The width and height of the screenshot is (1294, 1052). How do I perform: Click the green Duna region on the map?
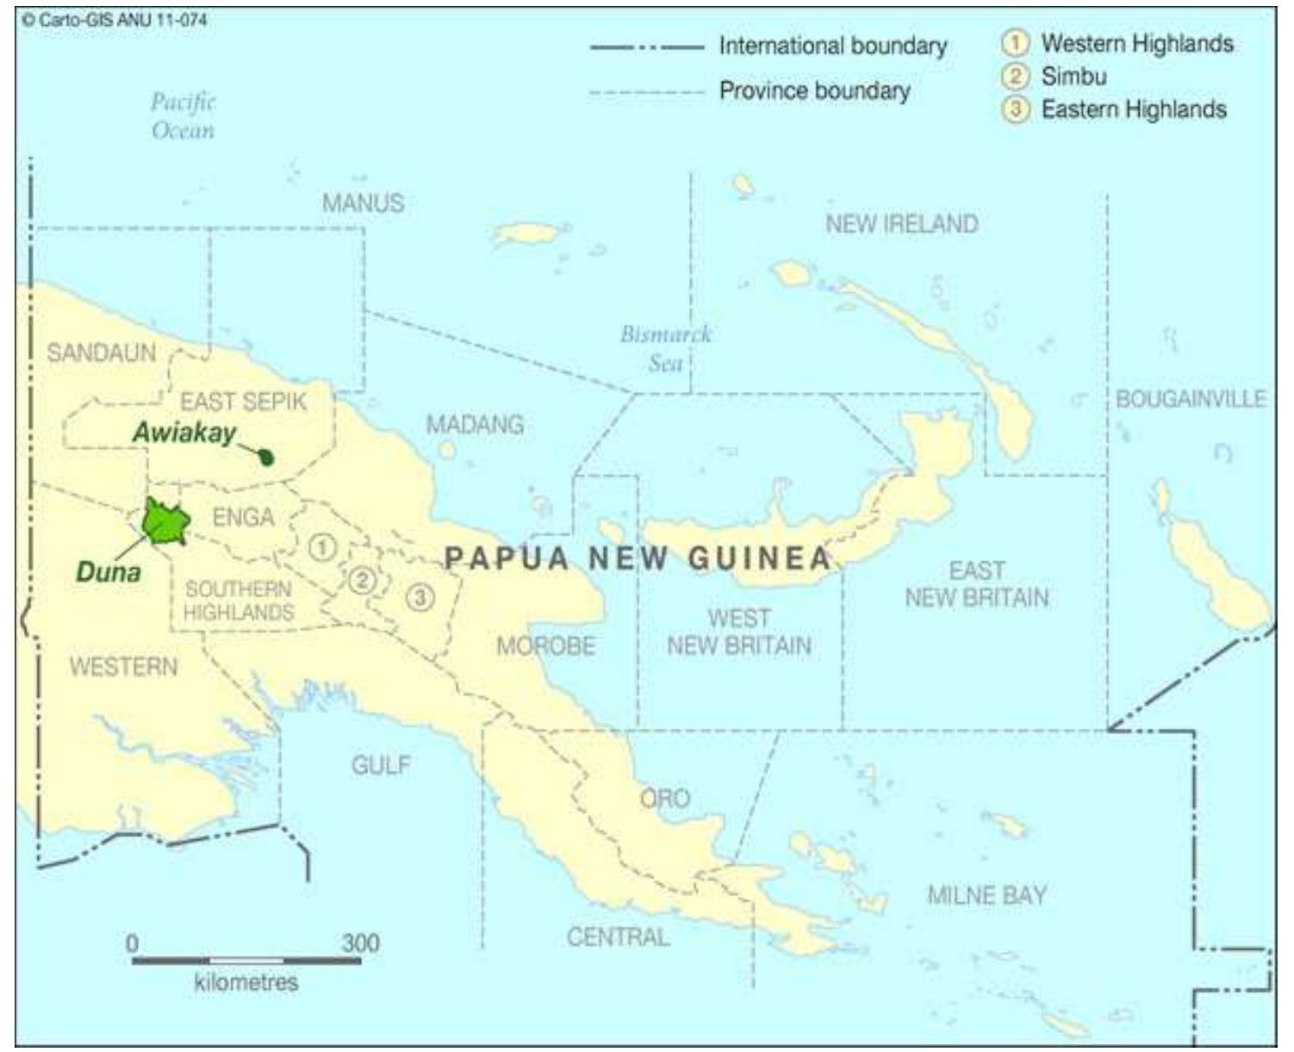(165, 522)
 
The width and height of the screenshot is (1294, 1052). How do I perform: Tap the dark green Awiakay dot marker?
(267, 458)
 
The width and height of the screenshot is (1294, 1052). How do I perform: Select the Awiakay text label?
(184, 433)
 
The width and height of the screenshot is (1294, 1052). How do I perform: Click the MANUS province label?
(363, 203)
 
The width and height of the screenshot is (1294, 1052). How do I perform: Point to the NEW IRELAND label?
(901, 224)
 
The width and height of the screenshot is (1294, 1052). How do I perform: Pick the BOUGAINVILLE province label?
(1190, 399)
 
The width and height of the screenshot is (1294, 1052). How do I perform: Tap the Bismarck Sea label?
(666, 348)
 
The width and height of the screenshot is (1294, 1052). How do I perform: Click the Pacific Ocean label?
(183, 115)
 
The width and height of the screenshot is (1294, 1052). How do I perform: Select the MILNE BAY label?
(986, 895)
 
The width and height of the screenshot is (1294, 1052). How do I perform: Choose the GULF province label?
(381, 764)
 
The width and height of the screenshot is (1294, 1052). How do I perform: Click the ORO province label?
(665, 799)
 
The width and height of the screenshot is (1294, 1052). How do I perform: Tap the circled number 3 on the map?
(420, 596)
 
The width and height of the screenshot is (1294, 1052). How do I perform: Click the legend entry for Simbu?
(1073, 77)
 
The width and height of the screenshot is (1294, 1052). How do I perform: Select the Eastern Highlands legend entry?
(1133, 109)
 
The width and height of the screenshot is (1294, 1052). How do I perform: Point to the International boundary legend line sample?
(646, 47)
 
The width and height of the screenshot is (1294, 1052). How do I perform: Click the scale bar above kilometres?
(246, 960)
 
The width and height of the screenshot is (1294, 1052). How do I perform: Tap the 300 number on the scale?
(360, 943)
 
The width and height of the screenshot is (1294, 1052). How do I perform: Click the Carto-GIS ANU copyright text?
(115, 20)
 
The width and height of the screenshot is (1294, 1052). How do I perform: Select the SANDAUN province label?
(101, 352)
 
